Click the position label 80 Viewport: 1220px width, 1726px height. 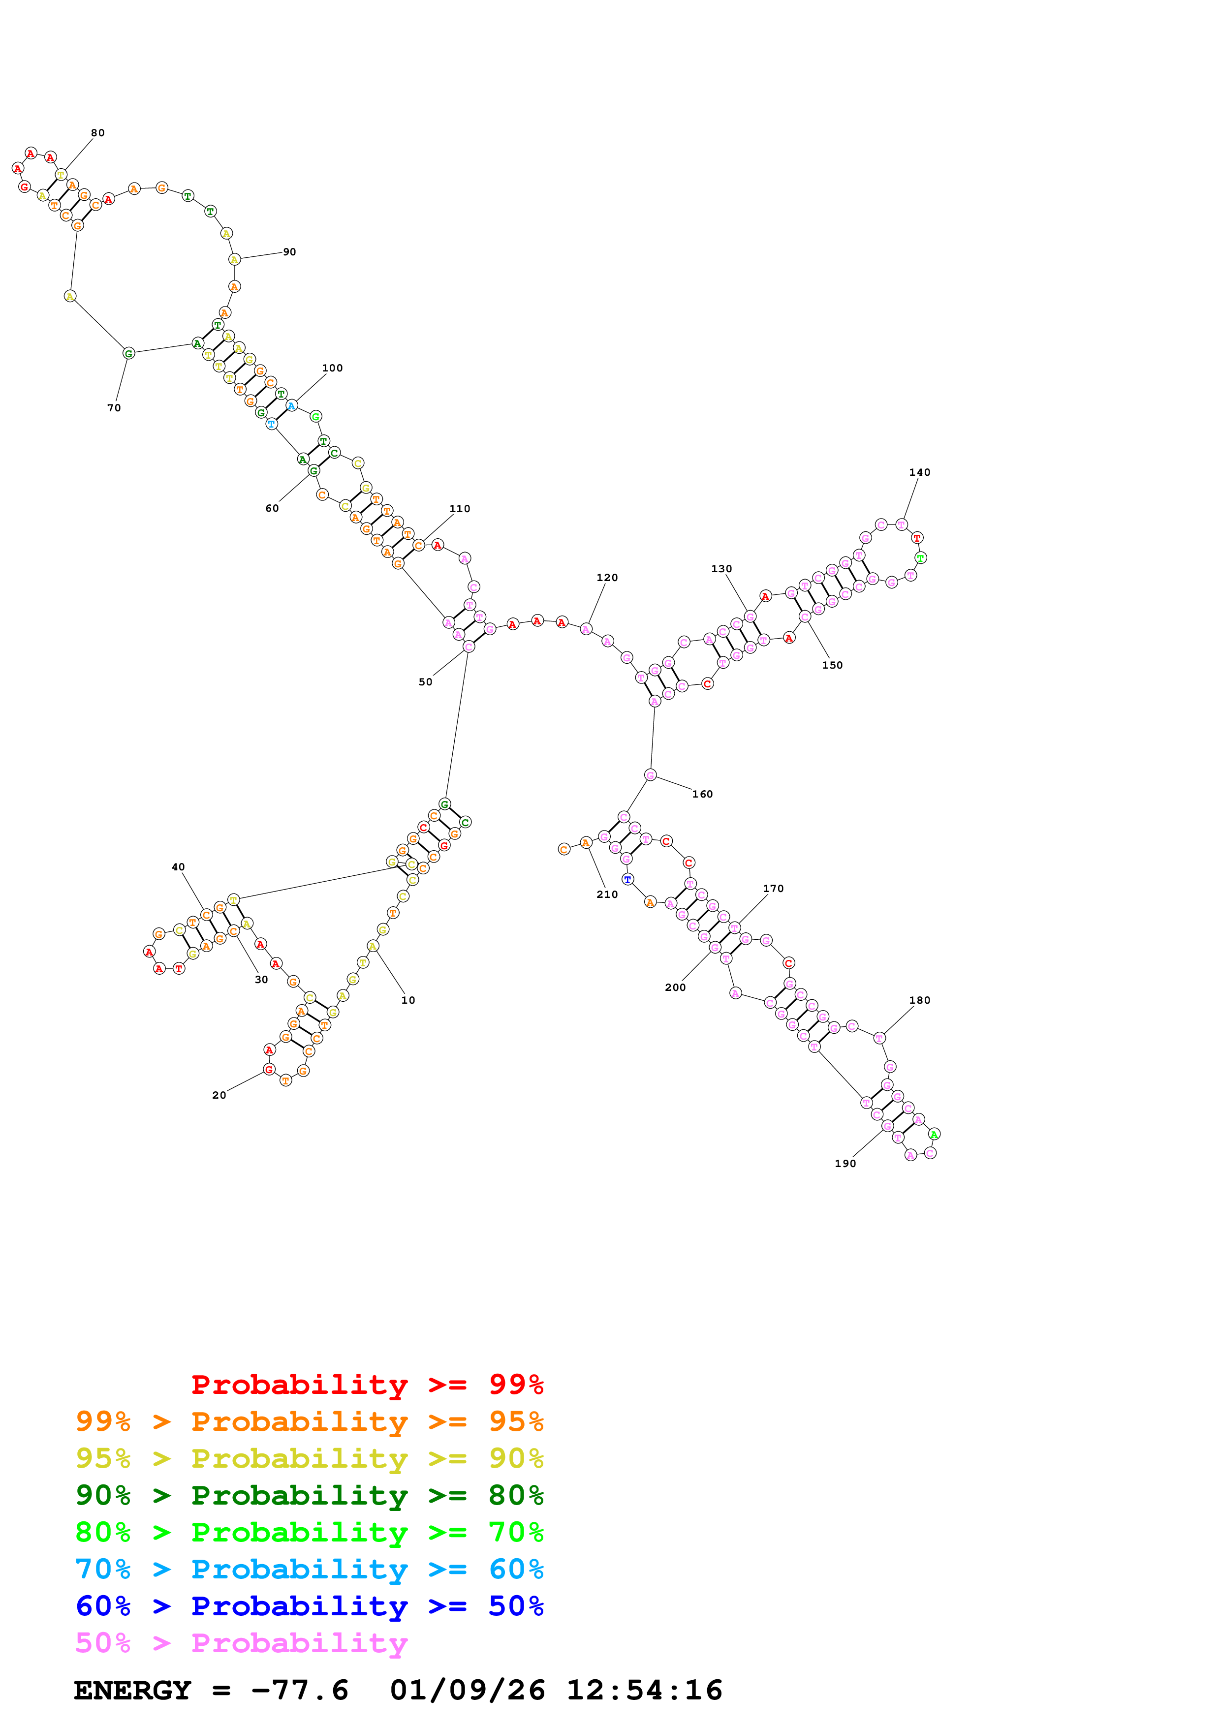click(98, 133)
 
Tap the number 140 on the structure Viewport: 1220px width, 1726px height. click(919, 472)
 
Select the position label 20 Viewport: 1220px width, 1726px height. click(219, 1095)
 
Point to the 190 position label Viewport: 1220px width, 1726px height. click(845, 1164)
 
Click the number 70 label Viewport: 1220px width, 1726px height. click(114, 408)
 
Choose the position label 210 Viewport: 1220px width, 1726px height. click(607, 894)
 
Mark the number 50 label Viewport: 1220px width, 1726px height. click(426, 682)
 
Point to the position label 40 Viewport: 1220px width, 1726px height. click(178, 867)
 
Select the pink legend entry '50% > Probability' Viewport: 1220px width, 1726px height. click(241, 1643)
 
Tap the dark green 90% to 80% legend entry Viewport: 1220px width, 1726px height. click(309, 1495)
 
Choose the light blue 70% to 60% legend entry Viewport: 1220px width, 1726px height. click(309, 1569)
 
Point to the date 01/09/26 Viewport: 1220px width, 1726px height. click(467, 1691)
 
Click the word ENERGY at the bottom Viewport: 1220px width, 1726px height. click(132, 1691)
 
